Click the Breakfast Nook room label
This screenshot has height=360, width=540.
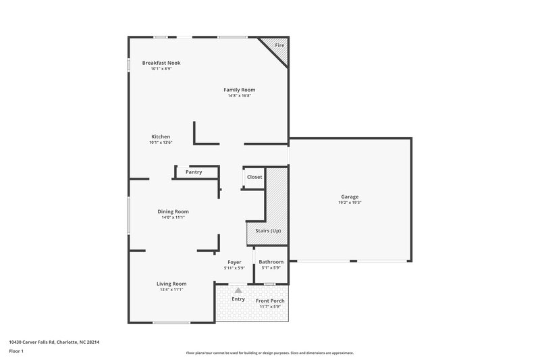point(161,63)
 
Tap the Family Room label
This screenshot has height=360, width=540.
point(240,90)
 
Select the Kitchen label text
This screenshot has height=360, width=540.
point(161,136)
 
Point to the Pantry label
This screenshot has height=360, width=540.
point(194,172)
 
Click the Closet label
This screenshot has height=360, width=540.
point(254,177)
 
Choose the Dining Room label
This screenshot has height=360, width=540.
point(173,211)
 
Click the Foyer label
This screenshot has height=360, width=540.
point(234,262)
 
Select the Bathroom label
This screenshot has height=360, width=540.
point(271,262)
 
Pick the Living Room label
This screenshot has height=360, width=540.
point(171,284)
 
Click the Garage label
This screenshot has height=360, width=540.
point(350,197)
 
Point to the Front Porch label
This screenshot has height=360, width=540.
point(269,301)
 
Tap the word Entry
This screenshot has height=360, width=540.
point(238,299)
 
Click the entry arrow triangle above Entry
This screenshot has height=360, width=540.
point(238,290)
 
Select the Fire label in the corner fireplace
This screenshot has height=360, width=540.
point(279,45)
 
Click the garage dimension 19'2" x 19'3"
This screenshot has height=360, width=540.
point(350,203)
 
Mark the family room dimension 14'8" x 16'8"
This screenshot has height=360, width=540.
point(240,95)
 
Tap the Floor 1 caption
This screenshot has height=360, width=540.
point(16,352)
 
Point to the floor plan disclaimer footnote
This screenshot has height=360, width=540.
point(269,353)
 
